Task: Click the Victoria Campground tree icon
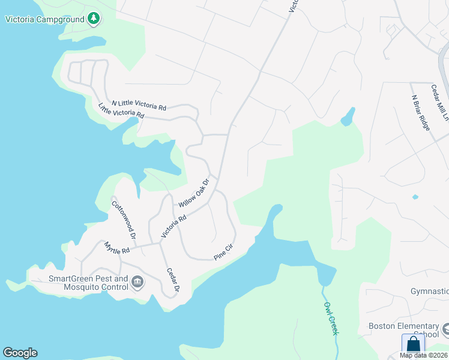point(93,19)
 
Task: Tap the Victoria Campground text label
point(44,19)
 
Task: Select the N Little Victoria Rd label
point(138,106)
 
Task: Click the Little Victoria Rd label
point(121,110)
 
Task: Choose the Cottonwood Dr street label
point(123,216)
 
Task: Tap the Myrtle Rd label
point(116,248)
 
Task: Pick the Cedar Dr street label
point(173,278)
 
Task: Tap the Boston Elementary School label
point(404,330)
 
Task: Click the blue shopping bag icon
point(413,344)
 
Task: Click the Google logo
point(20,353)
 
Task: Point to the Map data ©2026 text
point(423,355)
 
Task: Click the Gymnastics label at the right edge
point(429,291)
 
